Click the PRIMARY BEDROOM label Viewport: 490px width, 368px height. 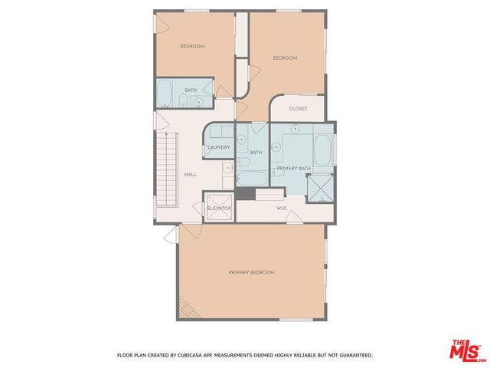click(x=251, y=272)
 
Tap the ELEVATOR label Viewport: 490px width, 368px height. click(x=218, y=208)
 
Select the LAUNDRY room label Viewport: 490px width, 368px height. click(x=219, y=147)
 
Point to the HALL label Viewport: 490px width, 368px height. click(x=191, y=174)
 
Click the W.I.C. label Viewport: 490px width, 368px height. click(x=281, y=207)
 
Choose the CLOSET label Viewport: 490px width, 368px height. click(x=298, y=108)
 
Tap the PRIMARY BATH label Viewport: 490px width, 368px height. click(x=293, y=168)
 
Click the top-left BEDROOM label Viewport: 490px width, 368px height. click(x=192, y=46)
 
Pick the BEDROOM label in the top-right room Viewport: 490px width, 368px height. click(x=285, y=58)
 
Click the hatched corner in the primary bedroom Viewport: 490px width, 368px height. click(x=187, y=309)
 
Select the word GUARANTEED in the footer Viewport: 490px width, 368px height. click(x=351, y=355)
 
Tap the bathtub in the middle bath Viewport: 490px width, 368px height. click(x=251, y=179)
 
